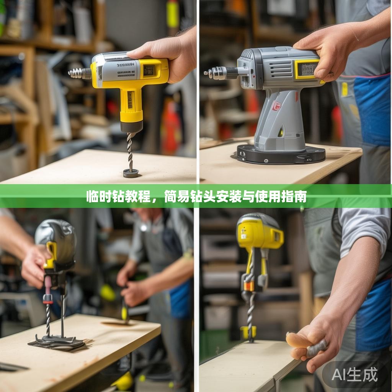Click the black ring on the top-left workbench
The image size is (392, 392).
[x=131, y=173]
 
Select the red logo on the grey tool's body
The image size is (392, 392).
[x=276, y=106]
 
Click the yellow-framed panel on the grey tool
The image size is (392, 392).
[x=307, y=69]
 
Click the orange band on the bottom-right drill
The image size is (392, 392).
[x=249, y=286]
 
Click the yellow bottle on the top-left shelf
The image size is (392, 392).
[x=172, y=14]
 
